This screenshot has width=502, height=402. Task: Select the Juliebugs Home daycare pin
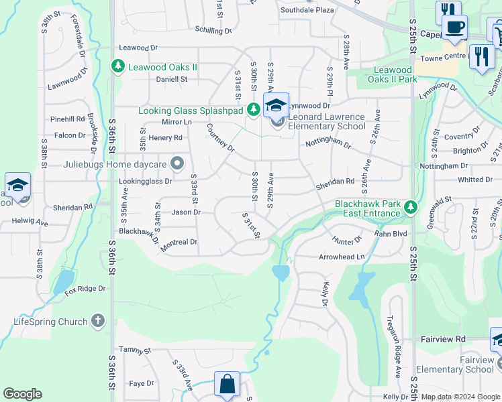click(x=177, y=163)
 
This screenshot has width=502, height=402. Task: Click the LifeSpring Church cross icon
click(x=98, y=322)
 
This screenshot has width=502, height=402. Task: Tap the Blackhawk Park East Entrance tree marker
click(x=411, y=208)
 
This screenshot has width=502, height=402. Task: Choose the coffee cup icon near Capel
click(x=455, y=27)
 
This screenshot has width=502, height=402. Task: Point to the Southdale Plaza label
click(x=307, y=11)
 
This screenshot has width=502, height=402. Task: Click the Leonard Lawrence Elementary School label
click(x=327, y=121)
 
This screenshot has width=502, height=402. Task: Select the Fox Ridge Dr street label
click(x=85, y=289)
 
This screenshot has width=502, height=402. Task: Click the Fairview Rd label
click(x=443, y=340)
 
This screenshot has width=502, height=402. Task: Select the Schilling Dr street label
click(x=213, y=31)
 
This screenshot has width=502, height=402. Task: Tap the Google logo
click(x=22, y=394)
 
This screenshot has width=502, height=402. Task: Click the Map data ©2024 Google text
click(x=460, y=397)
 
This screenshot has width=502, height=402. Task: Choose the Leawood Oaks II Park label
click(x=393, y=74)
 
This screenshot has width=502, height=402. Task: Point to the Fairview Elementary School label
click(x=455, y=364)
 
